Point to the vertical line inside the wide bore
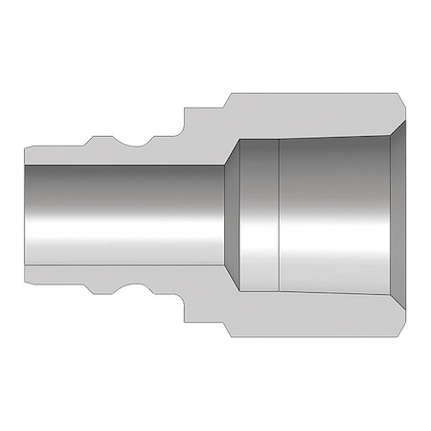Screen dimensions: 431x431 278,215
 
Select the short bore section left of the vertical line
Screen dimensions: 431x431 257,215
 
